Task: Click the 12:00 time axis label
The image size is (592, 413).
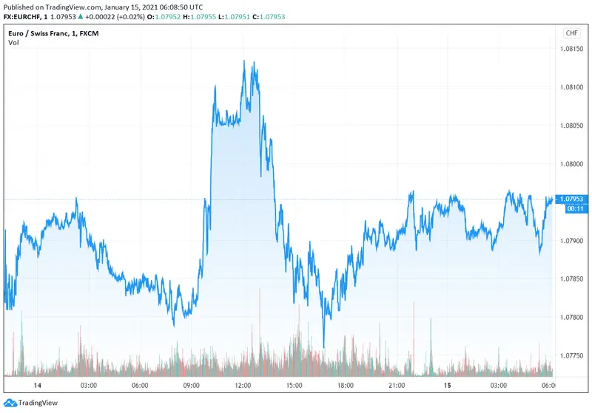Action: click(x=243, y=386)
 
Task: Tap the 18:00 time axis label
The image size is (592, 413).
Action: click(x=345, y=386)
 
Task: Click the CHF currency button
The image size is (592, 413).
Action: click(x=571, y=33)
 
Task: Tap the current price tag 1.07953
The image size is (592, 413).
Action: click(x=571, y=199)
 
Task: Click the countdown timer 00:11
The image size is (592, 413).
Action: click(x=571, y=208)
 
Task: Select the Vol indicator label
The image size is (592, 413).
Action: click(x=13, y=42)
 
